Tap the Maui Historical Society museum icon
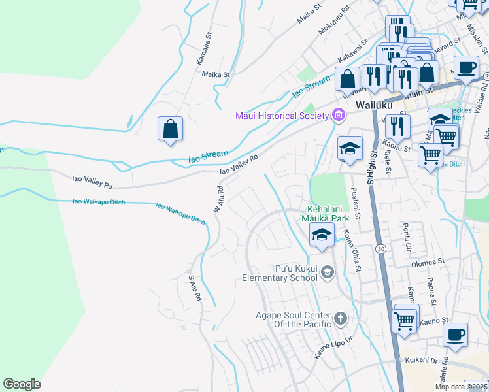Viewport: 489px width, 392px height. (338, 116)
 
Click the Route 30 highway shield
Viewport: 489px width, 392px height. (380, 249)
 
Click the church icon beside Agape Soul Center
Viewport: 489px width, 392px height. (340, 319)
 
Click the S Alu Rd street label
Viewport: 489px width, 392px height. (194, 288)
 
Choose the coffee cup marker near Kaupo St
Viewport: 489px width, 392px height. (455, 335)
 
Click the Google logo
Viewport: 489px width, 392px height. (22, 384)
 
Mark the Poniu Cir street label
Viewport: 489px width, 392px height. (405, 238)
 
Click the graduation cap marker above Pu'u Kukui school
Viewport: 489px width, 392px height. (322, 235)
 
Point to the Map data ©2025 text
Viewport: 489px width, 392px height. (462, 387)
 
